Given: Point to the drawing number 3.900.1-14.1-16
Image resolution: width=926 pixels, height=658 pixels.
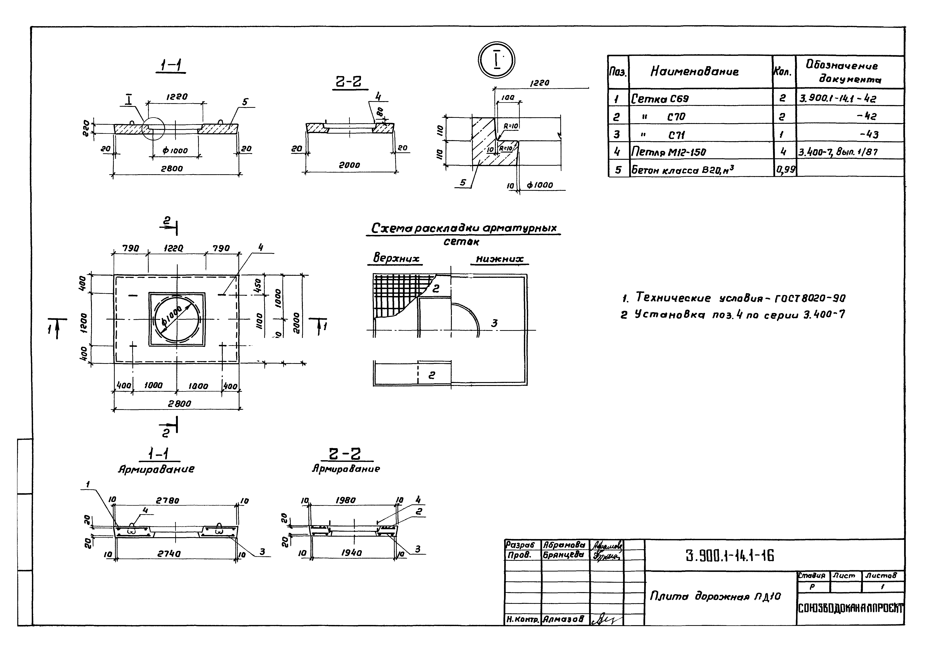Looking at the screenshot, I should (x=729, y=556).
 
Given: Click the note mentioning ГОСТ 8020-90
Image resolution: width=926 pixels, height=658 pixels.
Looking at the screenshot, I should (x=733, y=298).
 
